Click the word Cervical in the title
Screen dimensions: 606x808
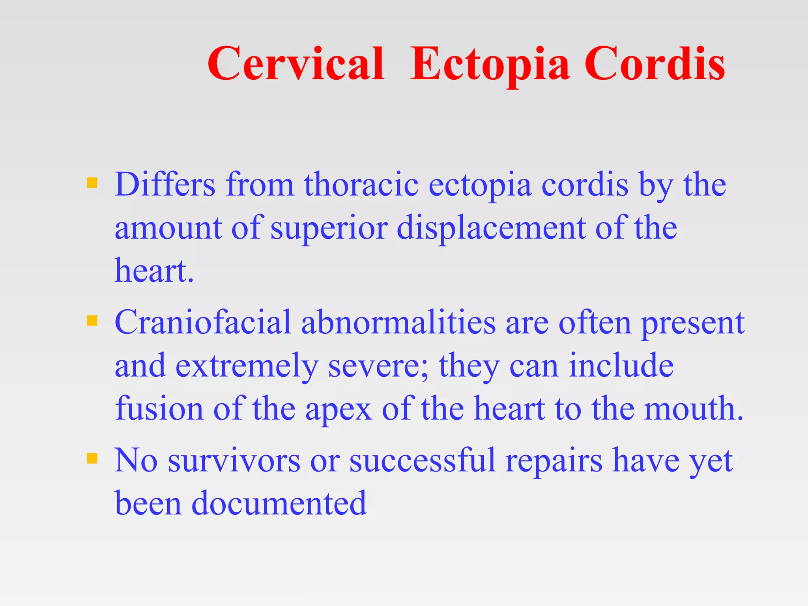pyautogui.click(x=296, y=64)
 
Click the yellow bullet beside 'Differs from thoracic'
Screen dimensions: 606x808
pyautogui.click(x=92, y=183)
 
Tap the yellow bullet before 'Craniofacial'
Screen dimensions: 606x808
pyautogui.click(x=92, y=320)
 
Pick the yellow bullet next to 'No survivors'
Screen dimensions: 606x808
pyautogui.click(x=92, y=458)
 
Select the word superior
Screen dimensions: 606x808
pyautogui.click(x=329, y=229)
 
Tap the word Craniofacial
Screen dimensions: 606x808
pyautogui.click(x=202, y=322)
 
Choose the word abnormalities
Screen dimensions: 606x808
pyautogui.click(x=398, y=322)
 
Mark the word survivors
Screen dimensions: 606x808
pyautogui.click(x=234, y=460)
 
